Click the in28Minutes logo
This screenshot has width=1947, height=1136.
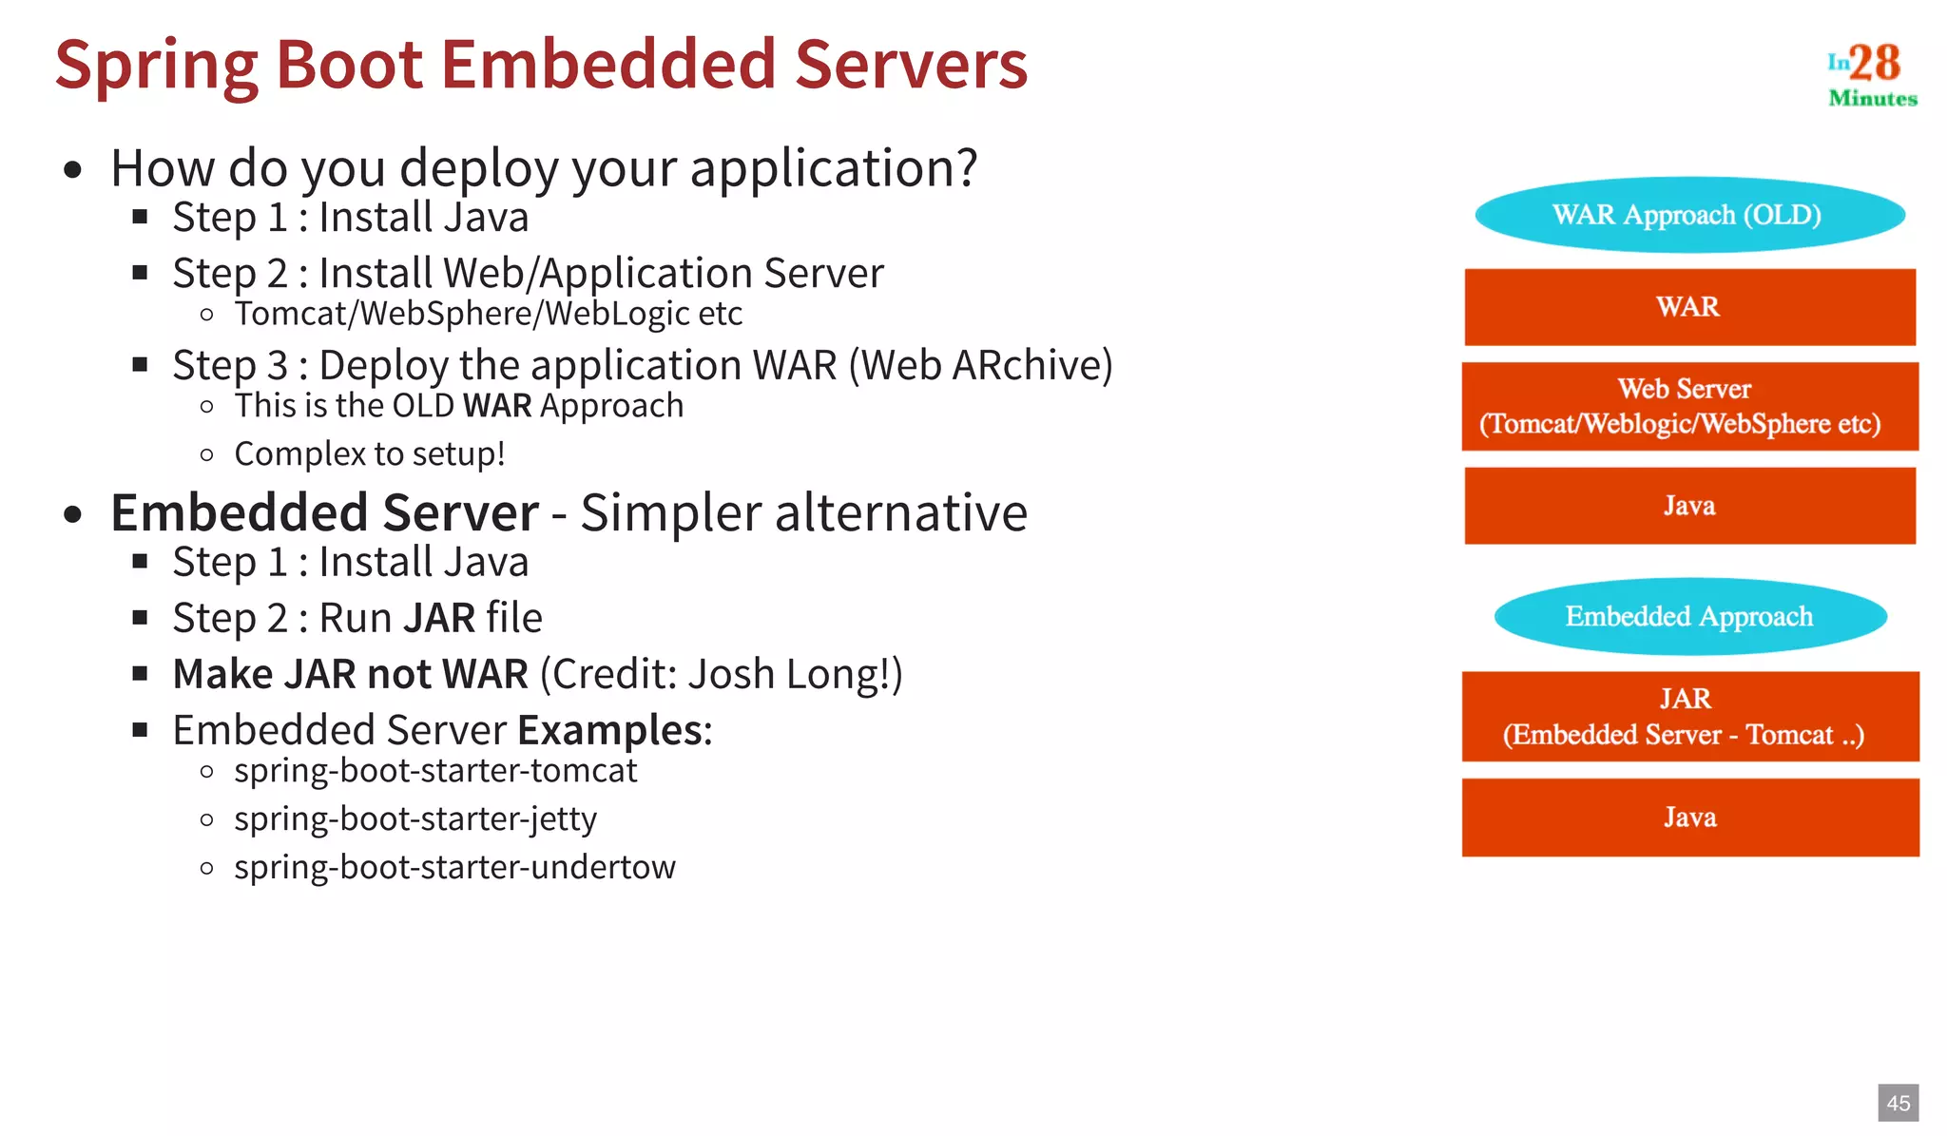pos(1871,74)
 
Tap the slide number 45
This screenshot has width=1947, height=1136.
pos(1898,1103)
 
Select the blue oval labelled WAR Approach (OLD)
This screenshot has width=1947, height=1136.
pos(1689,215)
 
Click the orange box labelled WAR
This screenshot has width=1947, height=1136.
pos(1689,307)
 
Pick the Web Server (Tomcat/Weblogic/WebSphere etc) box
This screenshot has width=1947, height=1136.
pos(1689,407)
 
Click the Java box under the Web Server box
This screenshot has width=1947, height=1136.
pos(1689,506)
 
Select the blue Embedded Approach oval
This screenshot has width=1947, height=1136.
pos(1689,617)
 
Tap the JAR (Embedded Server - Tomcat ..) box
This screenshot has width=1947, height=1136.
pos(1689,717)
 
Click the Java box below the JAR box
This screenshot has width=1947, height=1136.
pos(1689,818)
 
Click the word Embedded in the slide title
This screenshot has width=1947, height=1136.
pos(608,65)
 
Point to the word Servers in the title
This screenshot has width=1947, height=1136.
pos(911,65)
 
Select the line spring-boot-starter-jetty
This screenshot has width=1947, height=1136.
pos(415,818)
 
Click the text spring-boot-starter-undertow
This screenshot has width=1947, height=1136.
pos(454,867)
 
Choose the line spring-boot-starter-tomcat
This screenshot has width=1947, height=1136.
pos(435,770)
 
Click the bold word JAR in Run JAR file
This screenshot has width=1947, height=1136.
pos(439,618)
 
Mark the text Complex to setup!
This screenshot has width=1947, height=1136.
pos(369,454)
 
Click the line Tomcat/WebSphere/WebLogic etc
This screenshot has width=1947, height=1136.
pos(488,314)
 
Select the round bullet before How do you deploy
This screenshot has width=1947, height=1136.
pos(73,171)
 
